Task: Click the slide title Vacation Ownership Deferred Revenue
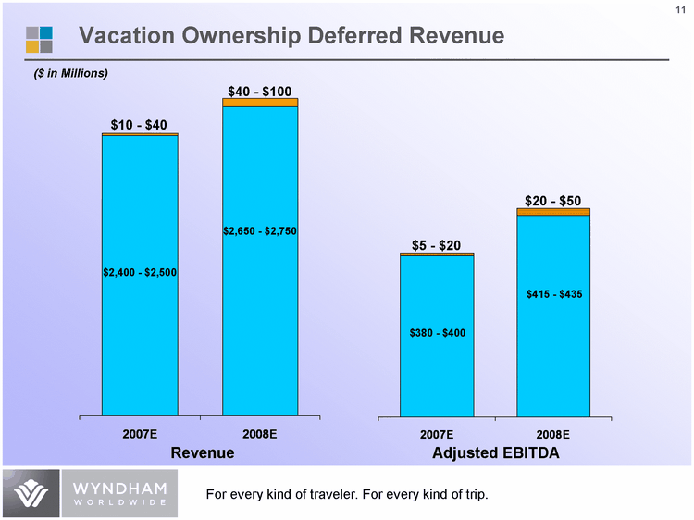click(291, 36)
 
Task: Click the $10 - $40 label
click(139, 125)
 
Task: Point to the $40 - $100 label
click(260, 91)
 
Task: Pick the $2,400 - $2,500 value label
click(140, 272)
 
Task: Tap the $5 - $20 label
click(437, 244)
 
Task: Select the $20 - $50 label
click(553, 200)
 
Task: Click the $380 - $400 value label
click(437, 332)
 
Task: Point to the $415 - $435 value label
click(553, 293)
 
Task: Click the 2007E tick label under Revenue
click(140, 434)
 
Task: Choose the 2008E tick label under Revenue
click(260, 434)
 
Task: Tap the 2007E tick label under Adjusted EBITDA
click(437, 434)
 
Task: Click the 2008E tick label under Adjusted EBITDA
click(553, 434)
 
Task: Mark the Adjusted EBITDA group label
click(495, 453)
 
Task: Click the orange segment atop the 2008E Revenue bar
click(260, 103)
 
